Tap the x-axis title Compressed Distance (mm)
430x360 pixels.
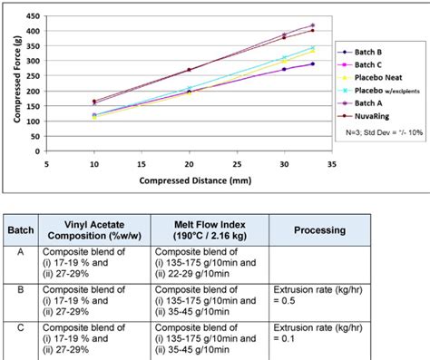click(x=189, y=180)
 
